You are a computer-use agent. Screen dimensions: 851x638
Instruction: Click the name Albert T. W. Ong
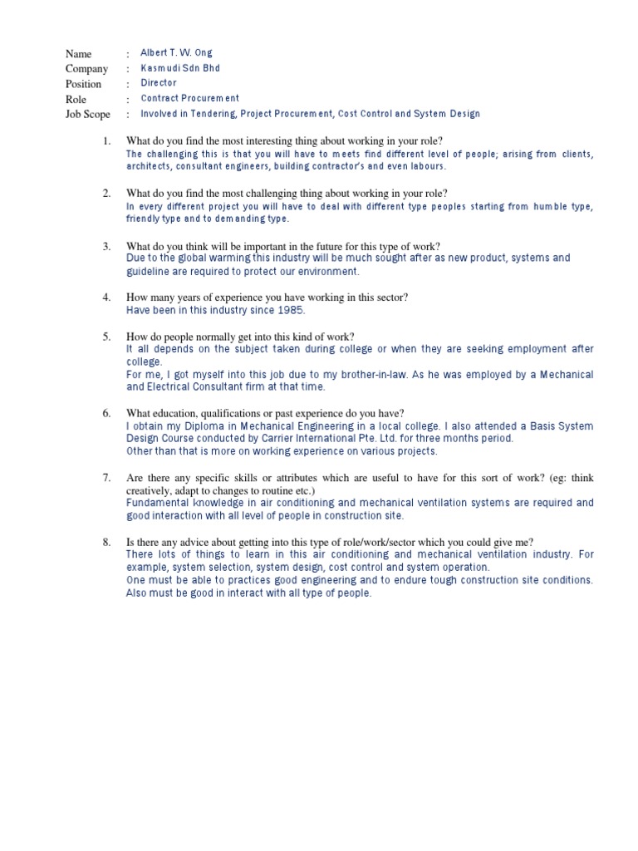click(176, 52)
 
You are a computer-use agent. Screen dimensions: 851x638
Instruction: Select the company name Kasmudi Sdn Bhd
click(180, 68)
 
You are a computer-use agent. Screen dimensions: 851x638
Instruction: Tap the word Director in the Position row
click(159, 83)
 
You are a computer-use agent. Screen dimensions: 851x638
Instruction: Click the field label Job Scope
click(87, 114)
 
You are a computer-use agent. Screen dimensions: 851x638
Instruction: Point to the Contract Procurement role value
click(189, 98)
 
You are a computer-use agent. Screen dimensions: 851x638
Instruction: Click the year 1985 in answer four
click(291, 310)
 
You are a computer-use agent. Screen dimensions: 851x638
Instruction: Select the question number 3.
click(106, 246)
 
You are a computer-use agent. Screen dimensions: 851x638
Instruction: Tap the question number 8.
click(106, 542)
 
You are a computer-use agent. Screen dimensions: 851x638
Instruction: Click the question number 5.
click(106, 337)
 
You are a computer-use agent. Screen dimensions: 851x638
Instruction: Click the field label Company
click(87, 68)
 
